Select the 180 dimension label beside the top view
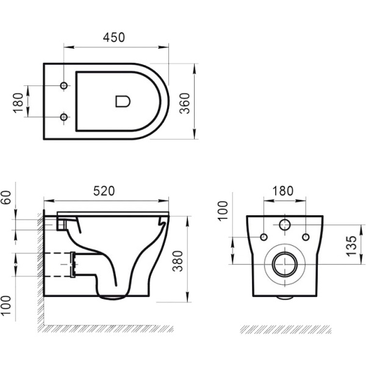(18, 101)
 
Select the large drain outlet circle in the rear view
(284, 264)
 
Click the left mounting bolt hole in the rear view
(264, 236)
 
